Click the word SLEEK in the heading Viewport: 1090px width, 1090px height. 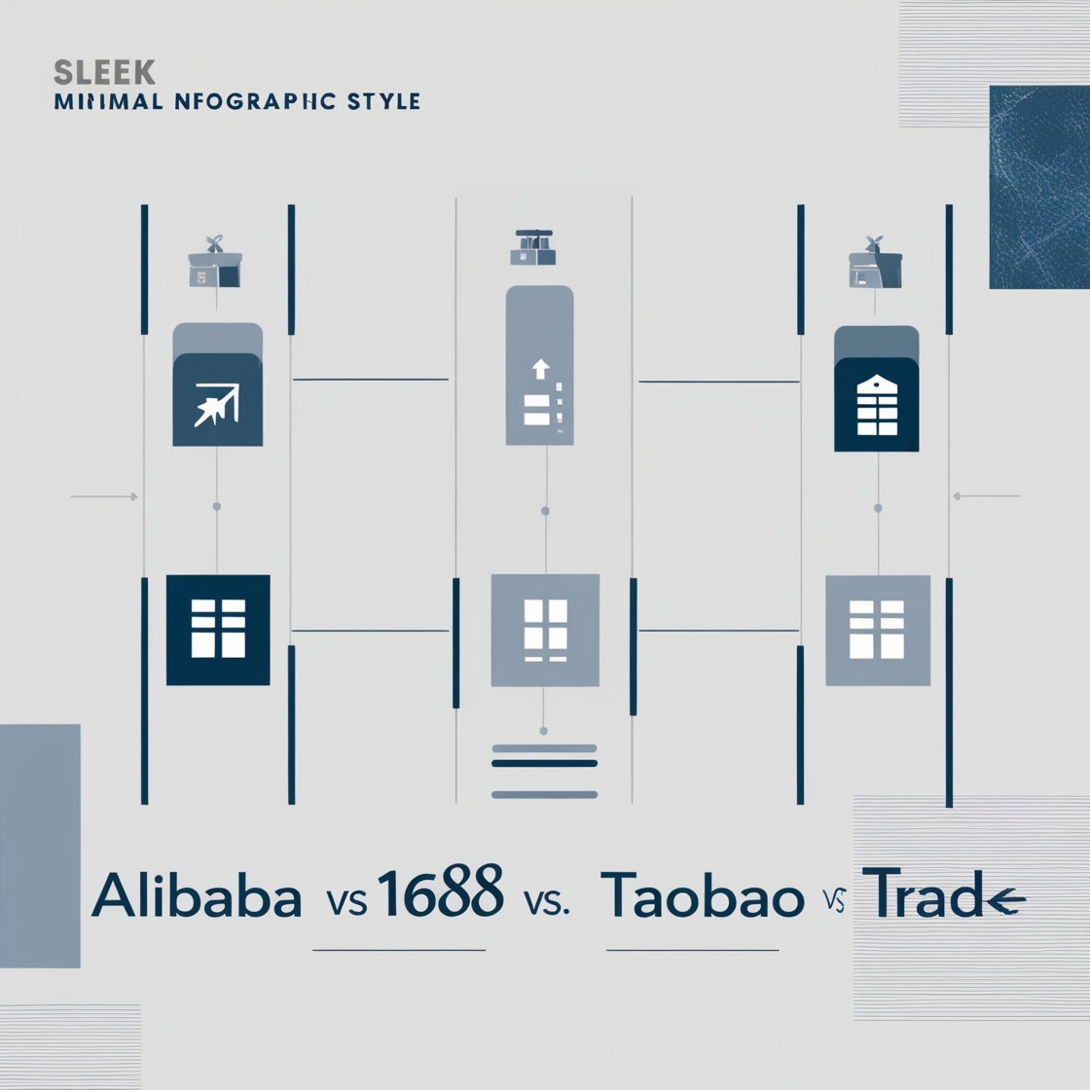click(x=105, y=72)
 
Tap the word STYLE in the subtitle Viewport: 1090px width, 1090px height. click(x=381, y=101)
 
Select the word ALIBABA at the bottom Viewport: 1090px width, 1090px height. click(x=197, y=897)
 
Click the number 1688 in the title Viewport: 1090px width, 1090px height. click(x=440, y=892)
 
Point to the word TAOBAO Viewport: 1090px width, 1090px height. click(x=702, y=897)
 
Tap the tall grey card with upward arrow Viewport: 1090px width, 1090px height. click(x=540, y=366)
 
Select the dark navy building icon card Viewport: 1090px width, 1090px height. click(x=877, y=405)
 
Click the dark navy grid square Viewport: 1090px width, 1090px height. click(x=218, y=630)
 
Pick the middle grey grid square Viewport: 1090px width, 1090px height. click(x=545, y=630)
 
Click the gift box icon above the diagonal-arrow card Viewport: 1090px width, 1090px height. click(x=215, y=263)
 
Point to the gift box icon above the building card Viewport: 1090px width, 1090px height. click(x=875, y=264)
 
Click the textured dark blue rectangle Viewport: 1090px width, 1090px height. click(x=1038, y=187)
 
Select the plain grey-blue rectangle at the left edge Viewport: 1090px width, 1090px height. click(x=40, y=845)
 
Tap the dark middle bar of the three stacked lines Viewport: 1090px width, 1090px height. click(x=544, y=764)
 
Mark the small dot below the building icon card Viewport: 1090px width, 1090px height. click(x=878, y=508)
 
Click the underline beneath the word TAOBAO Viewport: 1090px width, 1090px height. click(x=692, y=950)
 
